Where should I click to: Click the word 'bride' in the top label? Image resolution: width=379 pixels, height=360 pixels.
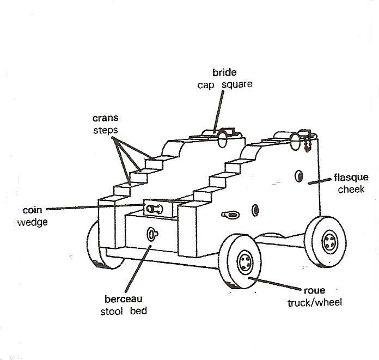(224, 72)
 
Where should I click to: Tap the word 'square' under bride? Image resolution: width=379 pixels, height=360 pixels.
(237, 84)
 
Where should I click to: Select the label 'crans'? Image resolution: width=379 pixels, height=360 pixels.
(106, 118)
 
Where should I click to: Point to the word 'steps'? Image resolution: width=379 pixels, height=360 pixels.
(106, 130)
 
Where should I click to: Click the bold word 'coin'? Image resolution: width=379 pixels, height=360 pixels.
(32, 210)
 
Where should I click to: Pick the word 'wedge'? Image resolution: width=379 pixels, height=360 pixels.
(32, 222)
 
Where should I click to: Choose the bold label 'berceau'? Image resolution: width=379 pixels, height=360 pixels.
(124, 299)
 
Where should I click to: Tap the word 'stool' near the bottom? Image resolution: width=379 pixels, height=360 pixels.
(112, 312)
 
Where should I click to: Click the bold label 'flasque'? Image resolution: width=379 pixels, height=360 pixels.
(351, 178)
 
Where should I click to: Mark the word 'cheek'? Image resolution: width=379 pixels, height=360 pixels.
(351, 190)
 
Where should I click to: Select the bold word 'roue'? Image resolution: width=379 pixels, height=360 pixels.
(314, 290)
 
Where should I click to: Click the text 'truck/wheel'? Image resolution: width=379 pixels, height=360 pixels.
(315, 302)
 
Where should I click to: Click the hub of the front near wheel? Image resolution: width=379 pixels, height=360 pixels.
(246, 263)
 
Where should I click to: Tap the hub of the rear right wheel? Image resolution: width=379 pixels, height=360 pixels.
(330, 242)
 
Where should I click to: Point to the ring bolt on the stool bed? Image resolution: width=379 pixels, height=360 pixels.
(152, 234)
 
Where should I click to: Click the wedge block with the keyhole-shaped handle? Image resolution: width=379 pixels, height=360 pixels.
(158, 208)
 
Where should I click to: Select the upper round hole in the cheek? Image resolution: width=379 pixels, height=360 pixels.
(299, 176)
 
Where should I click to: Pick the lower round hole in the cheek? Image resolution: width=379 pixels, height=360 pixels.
(255, 210)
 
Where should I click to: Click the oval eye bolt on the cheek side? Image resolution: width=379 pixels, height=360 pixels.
(231, 215)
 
